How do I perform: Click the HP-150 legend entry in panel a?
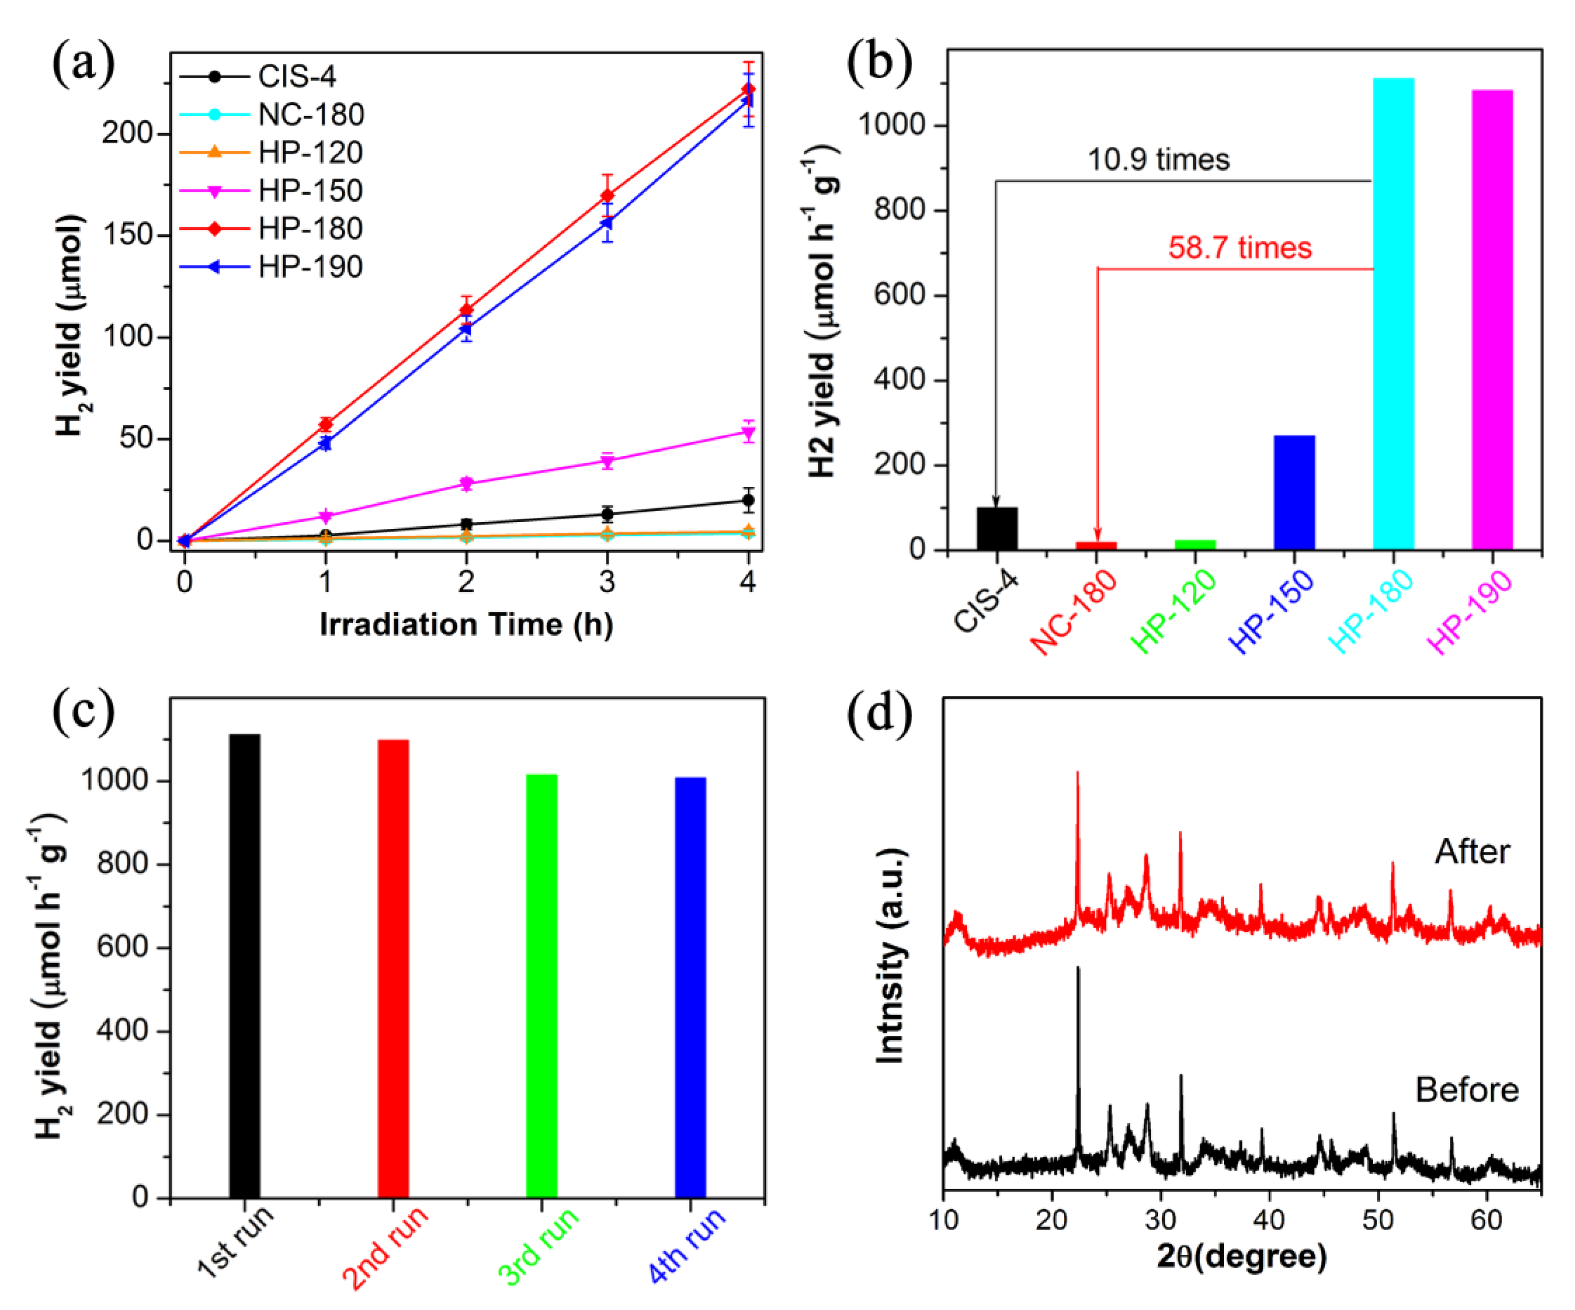click(x=310, y=190)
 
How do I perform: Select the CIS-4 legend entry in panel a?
click(x=296, y=77)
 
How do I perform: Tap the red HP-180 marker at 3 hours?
click(x=607, y=196)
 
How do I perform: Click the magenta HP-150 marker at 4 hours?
click(x=748, y=432)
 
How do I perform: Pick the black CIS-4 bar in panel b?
click(x=997, y=529)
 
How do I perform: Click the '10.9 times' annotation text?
click(x=1159, y=160)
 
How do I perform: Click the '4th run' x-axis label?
click(x=688, y=1246)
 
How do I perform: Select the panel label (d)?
click(x=879, y=713)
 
